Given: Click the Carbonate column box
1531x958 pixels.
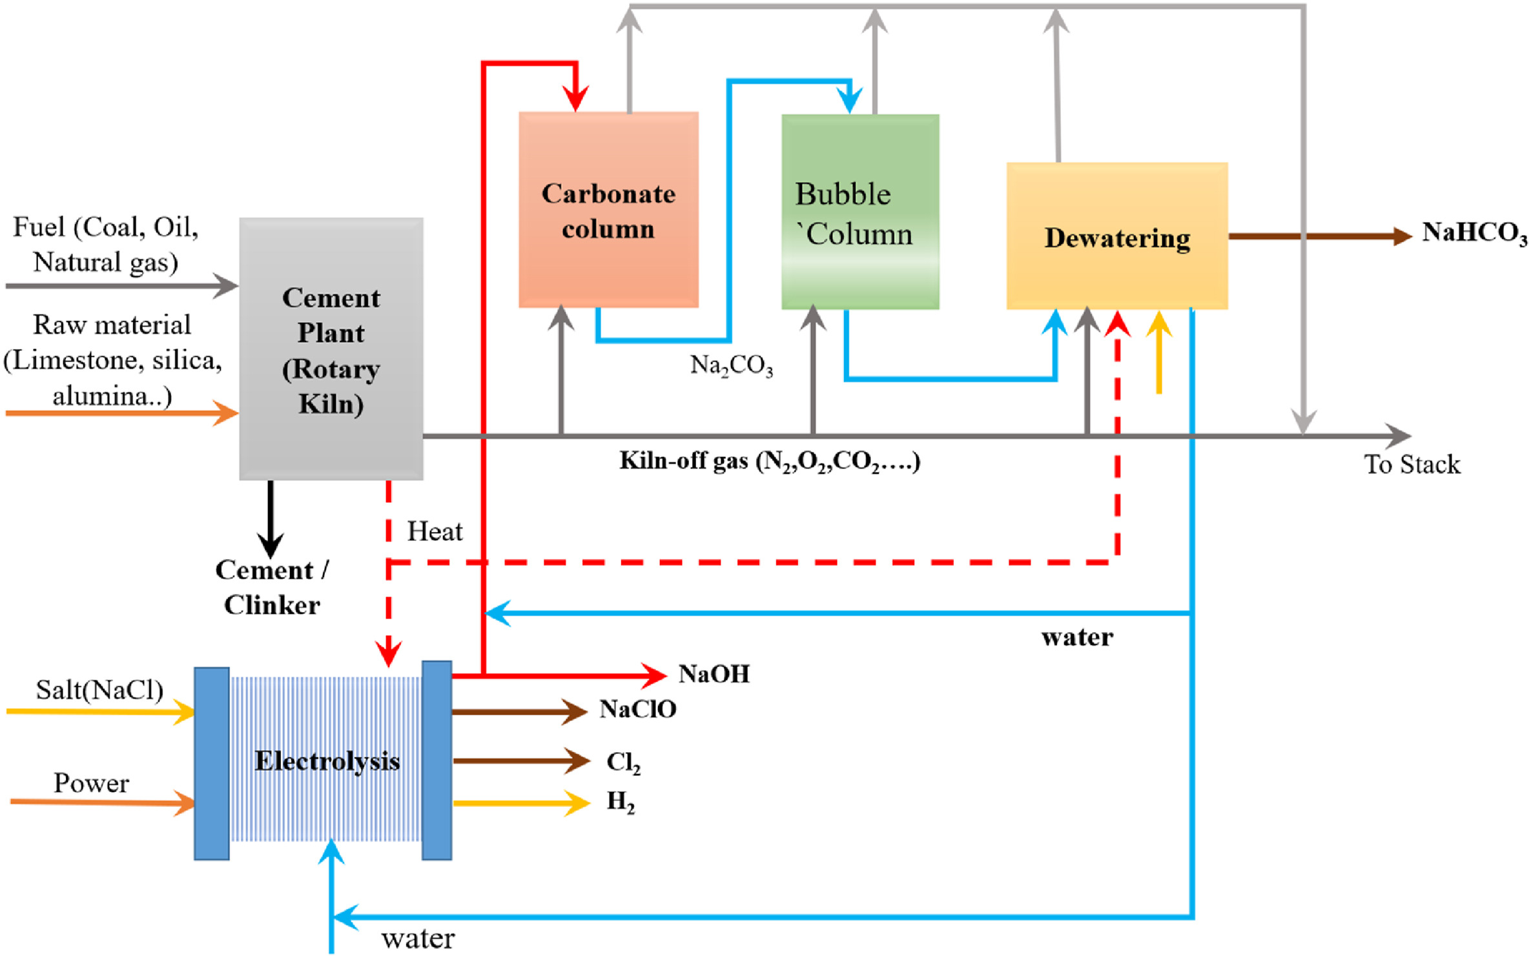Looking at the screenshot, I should [608, 210].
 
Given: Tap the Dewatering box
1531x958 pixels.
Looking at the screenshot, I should [1117, 236].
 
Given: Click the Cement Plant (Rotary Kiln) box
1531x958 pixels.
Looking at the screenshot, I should [331, 349].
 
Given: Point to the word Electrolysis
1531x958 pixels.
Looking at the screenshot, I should [327, 761].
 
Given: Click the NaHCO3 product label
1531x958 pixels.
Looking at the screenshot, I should [1475, 233].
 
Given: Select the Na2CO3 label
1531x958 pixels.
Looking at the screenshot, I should [732, 366].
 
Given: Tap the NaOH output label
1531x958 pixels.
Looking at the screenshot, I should [714, 675].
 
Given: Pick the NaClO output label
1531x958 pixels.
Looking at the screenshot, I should [638, 709].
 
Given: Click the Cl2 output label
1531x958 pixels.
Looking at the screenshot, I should [623, 762].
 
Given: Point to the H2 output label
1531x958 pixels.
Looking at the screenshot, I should [621, 802].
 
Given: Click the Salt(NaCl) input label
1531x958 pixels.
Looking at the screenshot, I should [99, 690].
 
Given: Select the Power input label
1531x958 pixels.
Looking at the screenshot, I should [91, 783].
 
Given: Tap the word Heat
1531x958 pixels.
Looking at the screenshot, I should [435, 531].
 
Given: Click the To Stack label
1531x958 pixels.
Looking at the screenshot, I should [1412, 464].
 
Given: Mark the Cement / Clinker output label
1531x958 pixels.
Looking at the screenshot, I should [272, 587].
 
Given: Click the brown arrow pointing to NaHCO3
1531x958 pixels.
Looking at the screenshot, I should [1317, 236].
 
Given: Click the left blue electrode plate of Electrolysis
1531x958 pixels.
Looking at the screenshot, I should [212, 763].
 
